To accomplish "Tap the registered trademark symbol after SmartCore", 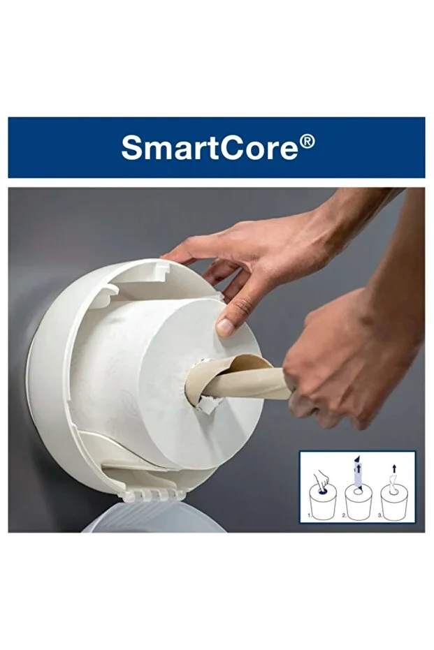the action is tap(307, 142).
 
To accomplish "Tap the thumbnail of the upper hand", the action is tap(225, 327).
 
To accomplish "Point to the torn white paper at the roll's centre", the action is tap(207, 405).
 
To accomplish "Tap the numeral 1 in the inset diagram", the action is tap(309, 515).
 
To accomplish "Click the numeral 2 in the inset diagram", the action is tap(344, 515).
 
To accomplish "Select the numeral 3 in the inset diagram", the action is tap(379, 515).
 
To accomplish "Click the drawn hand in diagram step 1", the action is tap(321, 480).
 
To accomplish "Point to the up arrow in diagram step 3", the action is tap(394, 469).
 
